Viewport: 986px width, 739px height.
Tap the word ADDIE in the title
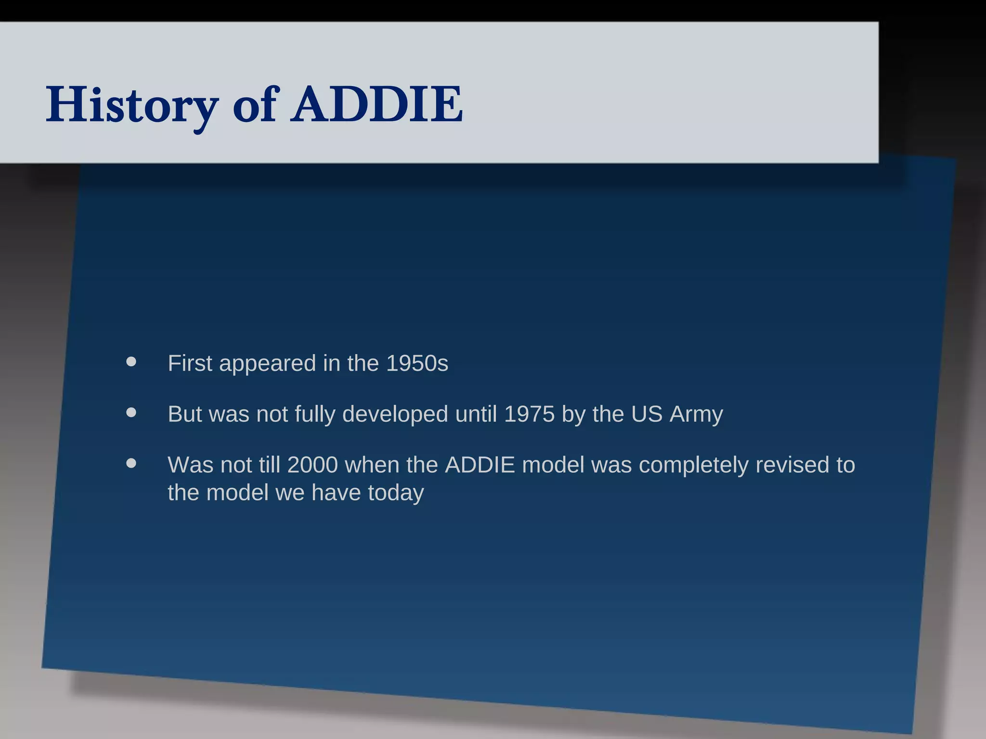(x=376, y=105)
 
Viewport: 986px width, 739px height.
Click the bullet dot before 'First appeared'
(x=131, y=362)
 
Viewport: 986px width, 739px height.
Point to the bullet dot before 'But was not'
(x=131, y=413)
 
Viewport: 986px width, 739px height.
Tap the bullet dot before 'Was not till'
(x=131, y=463)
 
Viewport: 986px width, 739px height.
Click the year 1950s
(x=417, y=363)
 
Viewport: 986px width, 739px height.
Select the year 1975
(x=529, y=414)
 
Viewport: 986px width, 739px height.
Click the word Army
(x=696, y=414)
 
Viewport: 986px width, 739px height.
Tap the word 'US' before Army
(x=647, y=414)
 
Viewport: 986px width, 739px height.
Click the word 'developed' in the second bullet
(x=395, y=414)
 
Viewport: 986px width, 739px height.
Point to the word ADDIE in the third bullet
(x=480, y=465)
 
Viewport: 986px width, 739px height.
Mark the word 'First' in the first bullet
(x=190, y=363)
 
